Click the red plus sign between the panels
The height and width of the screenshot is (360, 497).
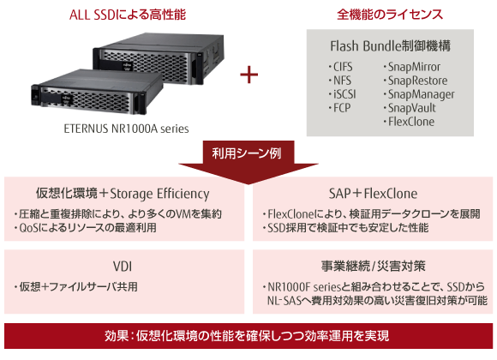(x=248, y=75)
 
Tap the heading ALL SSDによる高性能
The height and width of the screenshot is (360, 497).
(x=128, y=15)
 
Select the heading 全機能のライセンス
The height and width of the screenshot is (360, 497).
(x=390, y=15)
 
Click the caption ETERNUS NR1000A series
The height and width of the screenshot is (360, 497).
(x=126, y=129)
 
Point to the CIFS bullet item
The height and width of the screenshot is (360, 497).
(x=340, y=67)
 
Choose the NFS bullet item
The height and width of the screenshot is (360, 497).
(x=340, y=81)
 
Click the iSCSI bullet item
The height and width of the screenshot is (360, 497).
(x=342, y=94)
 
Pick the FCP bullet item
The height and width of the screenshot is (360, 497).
(x=339, y=108)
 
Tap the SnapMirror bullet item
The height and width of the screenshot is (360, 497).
(x=411, y=67)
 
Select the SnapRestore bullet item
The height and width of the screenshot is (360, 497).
(x=416, y=81)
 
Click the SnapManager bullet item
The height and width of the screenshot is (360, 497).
(x=419, y=94)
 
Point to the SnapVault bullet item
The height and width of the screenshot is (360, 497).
(x=410, y=108)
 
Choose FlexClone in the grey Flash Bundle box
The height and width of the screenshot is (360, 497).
(x=409, y=122)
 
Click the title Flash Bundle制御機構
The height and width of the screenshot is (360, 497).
(x=390, y=46)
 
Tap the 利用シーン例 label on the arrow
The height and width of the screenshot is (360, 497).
(x=247, y=153)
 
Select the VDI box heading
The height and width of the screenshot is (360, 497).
(x=123, y=267)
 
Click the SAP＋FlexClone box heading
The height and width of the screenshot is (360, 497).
(x=373, y=194)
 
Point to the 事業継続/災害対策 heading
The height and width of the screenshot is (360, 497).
(x=373, y=266)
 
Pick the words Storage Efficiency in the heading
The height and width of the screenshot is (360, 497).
(x=159, y=194)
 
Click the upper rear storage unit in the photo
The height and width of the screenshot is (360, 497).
(x=159, y=57)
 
